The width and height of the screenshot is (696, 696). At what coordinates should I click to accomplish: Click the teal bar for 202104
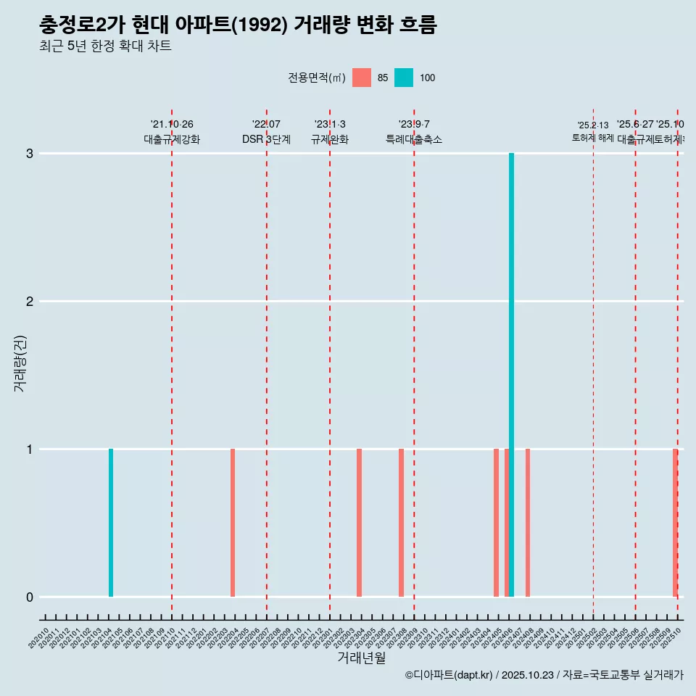click(x=111, y=523)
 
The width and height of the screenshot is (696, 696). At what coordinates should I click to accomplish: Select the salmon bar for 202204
click(x=233, y=523)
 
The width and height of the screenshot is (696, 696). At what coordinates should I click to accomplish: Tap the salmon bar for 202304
click(x=359, y=523)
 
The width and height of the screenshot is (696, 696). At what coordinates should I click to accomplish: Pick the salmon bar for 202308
click(x=401, y=523)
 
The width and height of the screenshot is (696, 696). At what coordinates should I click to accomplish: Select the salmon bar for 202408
click(x=528, y=523)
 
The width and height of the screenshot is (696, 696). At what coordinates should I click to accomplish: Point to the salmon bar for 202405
click(x=496, y=523)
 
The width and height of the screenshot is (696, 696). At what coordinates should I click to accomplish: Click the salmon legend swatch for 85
click(x=361, y=78)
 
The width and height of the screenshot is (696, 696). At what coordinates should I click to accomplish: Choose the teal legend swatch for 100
click(x=404, y=78)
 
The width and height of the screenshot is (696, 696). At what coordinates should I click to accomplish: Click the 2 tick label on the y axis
click(x=30, y=302)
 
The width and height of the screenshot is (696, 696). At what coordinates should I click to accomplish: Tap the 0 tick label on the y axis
click(x=30, y=597)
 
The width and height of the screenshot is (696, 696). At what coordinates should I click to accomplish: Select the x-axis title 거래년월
click(x=361, y=658)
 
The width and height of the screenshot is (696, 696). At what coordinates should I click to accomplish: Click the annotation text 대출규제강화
click(x=172, y=139)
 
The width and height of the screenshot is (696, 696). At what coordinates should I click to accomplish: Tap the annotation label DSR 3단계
click(x=266, y=139)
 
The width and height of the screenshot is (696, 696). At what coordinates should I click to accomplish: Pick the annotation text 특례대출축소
click(x=414, y=139)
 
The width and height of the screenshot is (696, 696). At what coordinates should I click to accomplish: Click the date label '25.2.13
click(x=593, y=125)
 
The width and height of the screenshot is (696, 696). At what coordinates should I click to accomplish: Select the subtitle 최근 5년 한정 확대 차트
click(x=105, y=46)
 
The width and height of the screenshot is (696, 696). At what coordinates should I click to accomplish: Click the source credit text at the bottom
click(x=544, y=675)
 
